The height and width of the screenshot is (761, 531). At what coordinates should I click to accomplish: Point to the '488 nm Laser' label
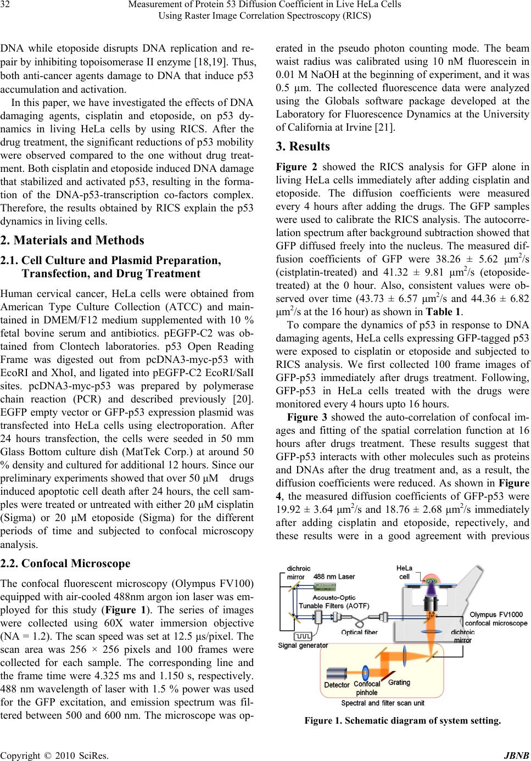tap(334, 577)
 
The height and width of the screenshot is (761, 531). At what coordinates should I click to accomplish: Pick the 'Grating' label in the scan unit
tap(399, 682)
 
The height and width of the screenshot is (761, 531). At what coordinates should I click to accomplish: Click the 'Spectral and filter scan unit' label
tap(383, 702)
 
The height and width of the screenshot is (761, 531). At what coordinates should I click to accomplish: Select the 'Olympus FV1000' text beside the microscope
tap(494, 614)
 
